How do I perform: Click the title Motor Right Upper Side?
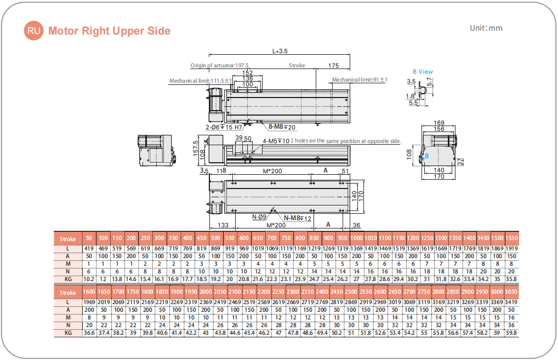pyautogui.click(x=109, y=31)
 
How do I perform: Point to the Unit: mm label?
pyautogui.click(x=486, y=28)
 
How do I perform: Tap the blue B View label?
pyautogui.click(x=423, y=71)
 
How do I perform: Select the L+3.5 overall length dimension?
pyautogui.click(x=280, y=52)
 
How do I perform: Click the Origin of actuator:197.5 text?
pyautogui.click(x=219, y=65)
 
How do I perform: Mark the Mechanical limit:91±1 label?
pyautogui.click(x=360, y=80)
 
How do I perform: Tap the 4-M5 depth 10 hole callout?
pyautogui.click(x=276, y=141)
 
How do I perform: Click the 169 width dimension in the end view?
pyautogui.click(x=439, y=123)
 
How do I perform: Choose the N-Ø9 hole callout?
pyautogui.click(x=259, y=218)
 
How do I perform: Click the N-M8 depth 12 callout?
pyautogui.click(x=297, y=218)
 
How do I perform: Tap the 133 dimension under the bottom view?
pyautogui.click(x=223, y=225)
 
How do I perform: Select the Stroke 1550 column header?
pyautogui.click(x=511, y=238)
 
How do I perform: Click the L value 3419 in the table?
pyautogui.click(x=511, y=302)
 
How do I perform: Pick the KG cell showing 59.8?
pyautogui.click(x=511, y=333)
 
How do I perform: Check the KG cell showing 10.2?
pyautogui.click(x=89, y=279)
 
